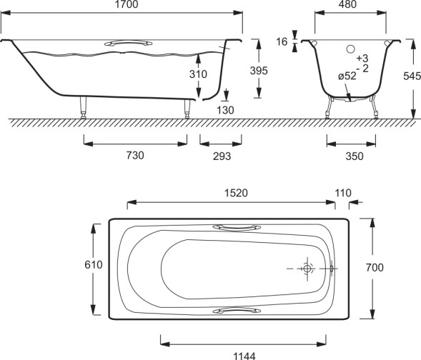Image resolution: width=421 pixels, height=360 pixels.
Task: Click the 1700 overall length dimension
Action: click(x=127, y=4)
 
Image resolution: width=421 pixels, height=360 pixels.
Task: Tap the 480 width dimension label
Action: click(x=347, y=4)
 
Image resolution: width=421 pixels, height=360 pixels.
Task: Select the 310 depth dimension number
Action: click(x=198, y=74)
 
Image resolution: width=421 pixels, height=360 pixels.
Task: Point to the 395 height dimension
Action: click(x=259, y=71)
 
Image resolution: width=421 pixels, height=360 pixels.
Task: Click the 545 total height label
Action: click(x=412, y=76)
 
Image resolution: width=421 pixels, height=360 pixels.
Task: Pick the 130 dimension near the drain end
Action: click(x=225, y=110)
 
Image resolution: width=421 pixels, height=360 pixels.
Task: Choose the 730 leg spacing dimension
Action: click(x=135, y=155)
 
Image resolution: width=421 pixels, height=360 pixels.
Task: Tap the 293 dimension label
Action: click(x=222, y=156)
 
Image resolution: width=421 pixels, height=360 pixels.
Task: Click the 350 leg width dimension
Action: click(x=355, y=156)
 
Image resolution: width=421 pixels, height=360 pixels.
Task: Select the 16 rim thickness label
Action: click(x=282, y=42)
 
